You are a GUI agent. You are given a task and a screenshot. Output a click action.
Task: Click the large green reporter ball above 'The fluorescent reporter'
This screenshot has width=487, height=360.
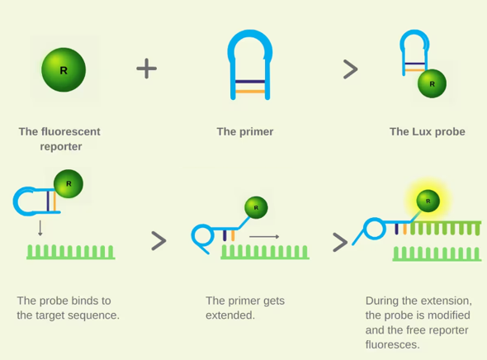pyautogui.click(x=64, y=70)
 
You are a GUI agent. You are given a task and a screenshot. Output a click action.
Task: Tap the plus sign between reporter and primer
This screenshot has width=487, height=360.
pyautogui.click(x=147, y=69)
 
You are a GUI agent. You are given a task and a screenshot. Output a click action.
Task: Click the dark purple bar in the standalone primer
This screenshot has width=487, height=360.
pyautogui.click(x=250, y=82)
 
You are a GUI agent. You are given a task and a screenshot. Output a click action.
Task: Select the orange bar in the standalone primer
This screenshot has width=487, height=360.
pyautogui.click(x=250, y=92)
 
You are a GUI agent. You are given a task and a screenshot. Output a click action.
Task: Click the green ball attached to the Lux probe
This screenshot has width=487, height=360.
pyautogui.click(x=432, y=83)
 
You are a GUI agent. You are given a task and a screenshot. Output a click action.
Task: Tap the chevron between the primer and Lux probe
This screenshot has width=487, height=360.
pyautogui.click(x=351, y=69)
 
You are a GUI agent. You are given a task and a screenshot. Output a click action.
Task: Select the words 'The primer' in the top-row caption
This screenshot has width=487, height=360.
pyautogui.click(x=245, y=132)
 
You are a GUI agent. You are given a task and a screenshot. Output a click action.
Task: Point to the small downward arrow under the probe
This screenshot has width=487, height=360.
pyautogui.click(x=40, y=228)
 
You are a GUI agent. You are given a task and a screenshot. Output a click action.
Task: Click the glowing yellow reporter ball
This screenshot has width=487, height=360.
pyautogui.click(x=428, y=201)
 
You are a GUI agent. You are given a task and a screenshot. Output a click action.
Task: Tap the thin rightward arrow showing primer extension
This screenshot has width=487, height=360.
pyautogui.click(x=264, y=237)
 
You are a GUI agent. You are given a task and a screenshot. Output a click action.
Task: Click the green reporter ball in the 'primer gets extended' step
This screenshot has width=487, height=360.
pyautogui.click(x=256, y=207)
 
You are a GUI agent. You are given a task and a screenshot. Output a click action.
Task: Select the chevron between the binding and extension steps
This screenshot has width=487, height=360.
pyautogui.click(x=159, y=241)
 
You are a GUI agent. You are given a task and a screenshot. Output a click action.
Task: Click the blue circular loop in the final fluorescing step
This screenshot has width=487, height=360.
pyautogui.click(x=364, y=229)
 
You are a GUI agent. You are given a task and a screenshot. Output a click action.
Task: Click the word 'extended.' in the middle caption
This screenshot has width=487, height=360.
pyautogui.click(x=230, y=315)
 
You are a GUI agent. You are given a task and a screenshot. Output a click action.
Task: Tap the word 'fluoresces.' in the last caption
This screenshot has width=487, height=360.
pyautogui.click(x=393, y=344)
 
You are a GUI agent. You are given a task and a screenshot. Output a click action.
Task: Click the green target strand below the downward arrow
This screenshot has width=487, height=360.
pyautogui.click(x=71, y=252)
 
